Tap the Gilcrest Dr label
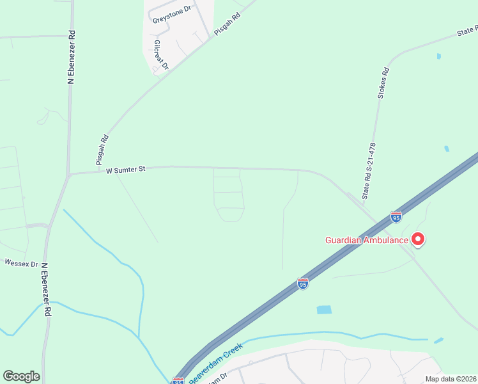point(160,55)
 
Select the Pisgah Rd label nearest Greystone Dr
point(226,26)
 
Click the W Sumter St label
point(126,170)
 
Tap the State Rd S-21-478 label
point(369,171)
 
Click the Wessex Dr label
point(21,262)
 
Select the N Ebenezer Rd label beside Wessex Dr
point(45,289)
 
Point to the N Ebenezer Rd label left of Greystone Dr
point(72,57)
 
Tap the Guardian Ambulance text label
point(366,241)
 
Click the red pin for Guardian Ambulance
point(419,239)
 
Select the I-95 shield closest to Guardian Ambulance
point(396,218)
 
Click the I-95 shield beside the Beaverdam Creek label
point(178,381)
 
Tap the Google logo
point(21,376)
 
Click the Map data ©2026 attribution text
point(451,379)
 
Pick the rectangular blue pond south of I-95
point(325,310)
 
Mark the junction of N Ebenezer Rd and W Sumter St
point(68,174)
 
